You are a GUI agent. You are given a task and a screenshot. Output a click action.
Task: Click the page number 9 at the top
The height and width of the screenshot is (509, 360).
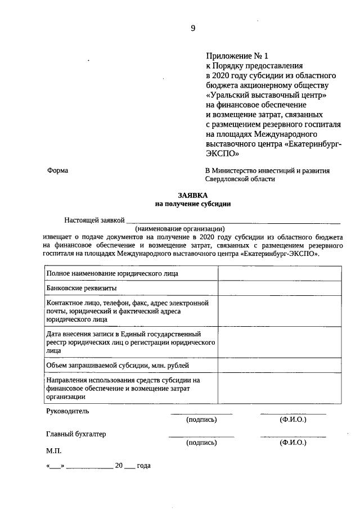pyautogui.click(x=193, y=29)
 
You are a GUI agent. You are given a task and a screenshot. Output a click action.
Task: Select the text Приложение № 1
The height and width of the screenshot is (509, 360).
pyautogui.click(x=238, y=56)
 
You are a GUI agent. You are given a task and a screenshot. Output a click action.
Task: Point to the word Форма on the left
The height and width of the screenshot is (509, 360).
pyautogui.click(x=58, y=171)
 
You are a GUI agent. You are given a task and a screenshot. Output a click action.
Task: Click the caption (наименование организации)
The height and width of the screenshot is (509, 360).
pyautogui.click(x=180, y=229)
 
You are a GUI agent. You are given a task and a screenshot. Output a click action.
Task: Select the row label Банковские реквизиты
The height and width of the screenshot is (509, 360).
pyautogui.click(x=82, y=288)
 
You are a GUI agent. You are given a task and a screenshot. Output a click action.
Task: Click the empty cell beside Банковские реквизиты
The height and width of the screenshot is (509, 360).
pyautogui.click(x=280, y=288)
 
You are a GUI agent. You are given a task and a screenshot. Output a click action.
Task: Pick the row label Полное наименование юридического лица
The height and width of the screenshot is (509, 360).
pyautogui.click(x=112, y=273)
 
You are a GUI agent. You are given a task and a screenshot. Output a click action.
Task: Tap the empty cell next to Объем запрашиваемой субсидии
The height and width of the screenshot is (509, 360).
pyautogui.click(x=280, y=366)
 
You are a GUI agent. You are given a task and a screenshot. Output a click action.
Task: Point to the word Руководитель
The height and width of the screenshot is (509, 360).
pyautogui.click(x=67, y=411)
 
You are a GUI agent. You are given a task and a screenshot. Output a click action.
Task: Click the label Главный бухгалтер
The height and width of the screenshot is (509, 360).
pyautogui.click(x=76, y=434)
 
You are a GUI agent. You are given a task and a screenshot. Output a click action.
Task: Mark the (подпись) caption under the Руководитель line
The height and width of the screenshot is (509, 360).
pyautogui.click(x=201, y=420)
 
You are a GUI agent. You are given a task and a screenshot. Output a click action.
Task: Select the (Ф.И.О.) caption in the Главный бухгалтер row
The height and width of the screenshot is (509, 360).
pyautogui.click(x=293, y=443)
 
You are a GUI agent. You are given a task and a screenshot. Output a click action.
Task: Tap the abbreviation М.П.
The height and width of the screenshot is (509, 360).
pyautogui.click(x=54, y=451)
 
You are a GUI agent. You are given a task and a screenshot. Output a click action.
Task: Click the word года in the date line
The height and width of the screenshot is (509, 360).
pyautogui.click(x=144, y=466)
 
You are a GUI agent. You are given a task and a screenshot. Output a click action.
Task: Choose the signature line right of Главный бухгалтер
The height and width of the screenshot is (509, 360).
pyautogui.click(x=201, y=436)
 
